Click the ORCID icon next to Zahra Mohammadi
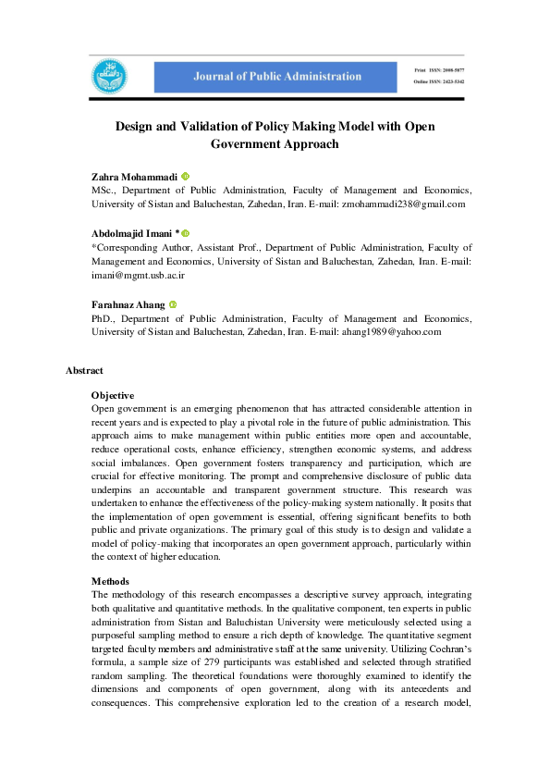[185, 176]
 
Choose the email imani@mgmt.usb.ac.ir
[139, 275]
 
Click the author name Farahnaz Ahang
[128, 304]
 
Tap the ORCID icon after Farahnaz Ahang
[173, 304]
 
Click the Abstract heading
[84, 370]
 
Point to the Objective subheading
[112, 395]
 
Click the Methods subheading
[110, 581]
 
